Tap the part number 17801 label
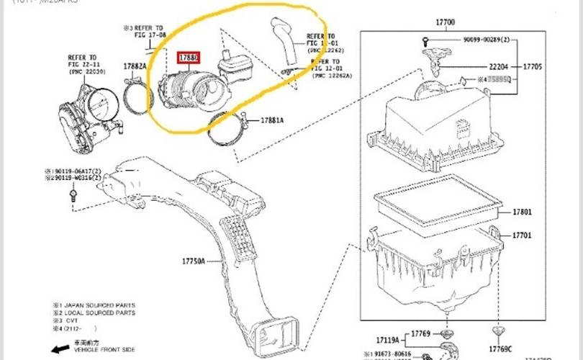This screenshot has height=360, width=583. pyautogui.click(x=522, y=212)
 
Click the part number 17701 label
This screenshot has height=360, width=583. pyautogui.click(x=522, y=235)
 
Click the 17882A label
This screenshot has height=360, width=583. pyautogui.click(x=135, y=66)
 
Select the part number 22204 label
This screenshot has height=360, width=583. pyautogui.click(x=484, y=66)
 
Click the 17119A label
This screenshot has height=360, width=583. pyautogui.click(x=387, y=338)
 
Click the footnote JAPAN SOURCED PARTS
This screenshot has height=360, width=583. pyautogui.click(x=97, y=305)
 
